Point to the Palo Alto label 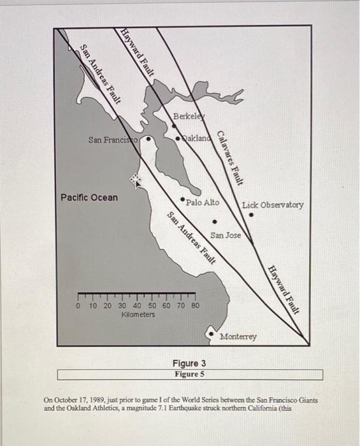pyautogui.click(x=203, y=203)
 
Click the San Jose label pyautogui.click(x=226, y=235)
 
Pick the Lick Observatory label pyautogui.click(x=273, y=205)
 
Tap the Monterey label pyautogui.click(x=238, y=336)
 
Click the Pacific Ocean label pyautogui.click(x=89, y=198)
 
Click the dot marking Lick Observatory pyautogui.click(x=252, y=215)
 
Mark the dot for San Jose pyautogui.click(x=215, y=222)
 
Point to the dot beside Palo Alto pyautogui.click(x=184, y=200)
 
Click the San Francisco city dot pyautogui.click(x=150, y=136)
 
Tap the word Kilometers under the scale pyautogui.click(x=137, y=315)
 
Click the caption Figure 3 pyautogui.click(x=190, y=363)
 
